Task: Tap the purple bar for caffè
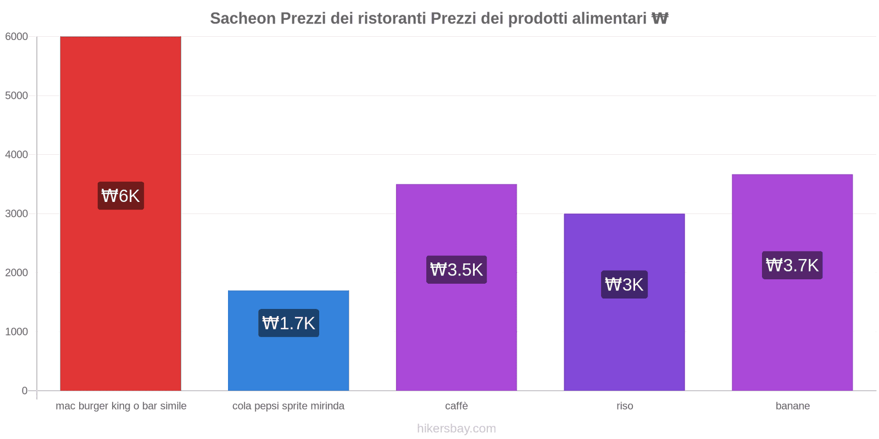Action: [x=456, y=329]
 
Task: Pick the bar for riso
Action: [x=624, y=340]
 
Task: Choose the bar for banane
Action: [x=792, y=329]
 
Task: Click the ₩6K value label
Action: [x=121, y=196]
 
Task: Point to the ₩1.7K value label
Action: [x=288, y=323]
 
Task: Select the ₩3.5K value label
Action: [x=457, y=269]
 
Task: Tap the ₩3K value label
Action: [x=624, y=284]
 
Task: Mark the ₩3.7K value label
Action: [x=792, y=265]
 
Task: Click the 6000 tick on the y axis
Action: [x=16, y=37]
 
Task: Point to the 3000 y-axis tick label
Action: [x=16, y=213]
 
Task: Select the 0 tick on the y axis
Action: [x=24, y=391]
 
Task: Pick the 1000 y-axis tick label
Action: [x=16, y=331]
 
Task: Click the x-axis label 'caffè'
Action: [x=457, y=406]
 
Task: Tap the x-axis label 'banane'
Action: [x=792, y=406]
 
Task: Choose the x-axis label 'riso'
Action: [x=625, y=406]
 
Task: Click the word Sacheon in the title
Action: [x=243, y=19]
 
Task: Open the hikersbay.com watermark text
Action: [x=457, y=429]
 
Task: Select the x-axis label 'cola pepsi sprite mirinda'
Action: [x=288, y=406]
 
